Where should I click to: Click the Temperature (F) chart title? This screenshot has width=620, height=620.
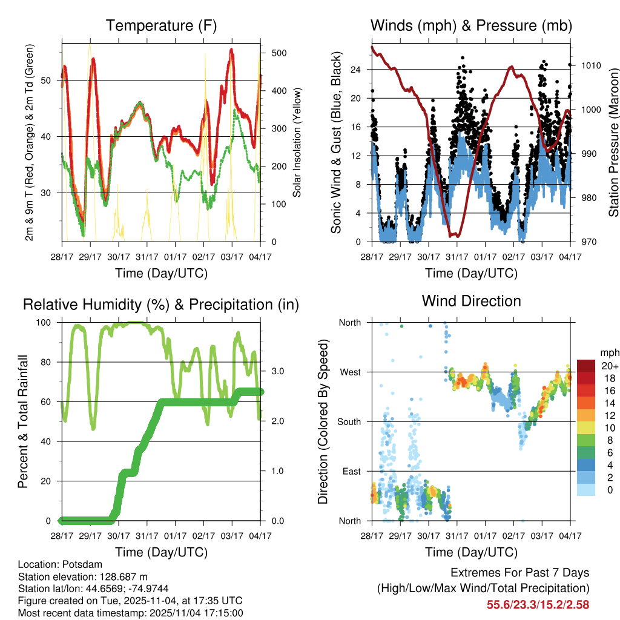[x=161, y=25]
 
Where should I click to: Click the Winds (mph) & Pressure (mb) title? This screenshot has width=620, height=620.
[x=471, y=25]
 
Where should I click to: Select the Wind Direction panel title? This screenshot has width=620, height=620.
[x=471, y=300]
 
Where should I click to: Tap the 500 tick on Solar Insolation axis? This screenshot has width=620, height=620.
[x=279, y=53]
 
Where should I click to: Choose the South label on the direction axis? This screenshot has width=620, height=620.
[x=350, y=421]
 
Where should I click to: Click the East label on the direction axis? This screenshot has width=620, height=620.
[x=352, y=471]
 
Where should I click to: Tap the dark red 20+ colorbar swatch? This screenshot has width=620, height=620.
[x=585, y=366]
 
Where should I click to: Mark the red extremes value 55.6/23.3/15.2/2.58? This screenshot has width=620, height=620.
[x=538, y=604]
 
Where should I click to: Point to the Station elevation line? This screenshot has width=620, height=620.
[x=83, y=576]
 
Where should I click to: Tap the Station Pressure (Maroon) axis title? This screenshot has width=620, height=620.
[x=613, y=143]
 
